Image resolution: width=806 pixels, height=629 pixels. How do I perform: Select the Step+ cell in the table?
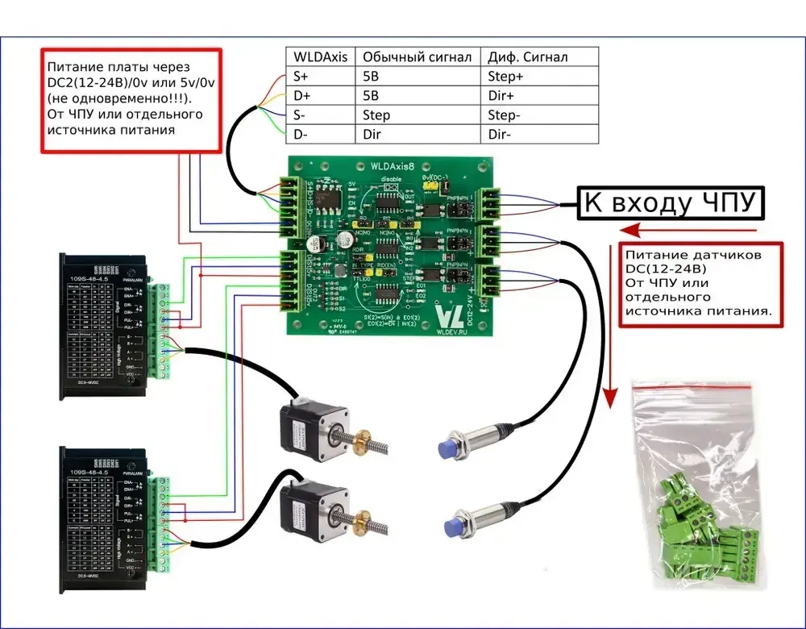coord(506,77)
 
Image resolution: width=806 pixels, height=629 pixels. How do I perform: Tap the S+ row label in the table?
coord(300,77)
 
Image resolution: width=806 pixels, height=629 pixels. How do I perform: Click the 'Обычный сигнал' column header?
coord(417,56)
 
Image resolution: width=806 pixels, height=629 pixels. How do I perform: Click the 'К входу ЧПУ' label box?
coord(669,204)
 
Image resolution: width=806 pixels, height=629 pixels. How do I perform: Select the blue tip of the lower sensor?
coord(453,527)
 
